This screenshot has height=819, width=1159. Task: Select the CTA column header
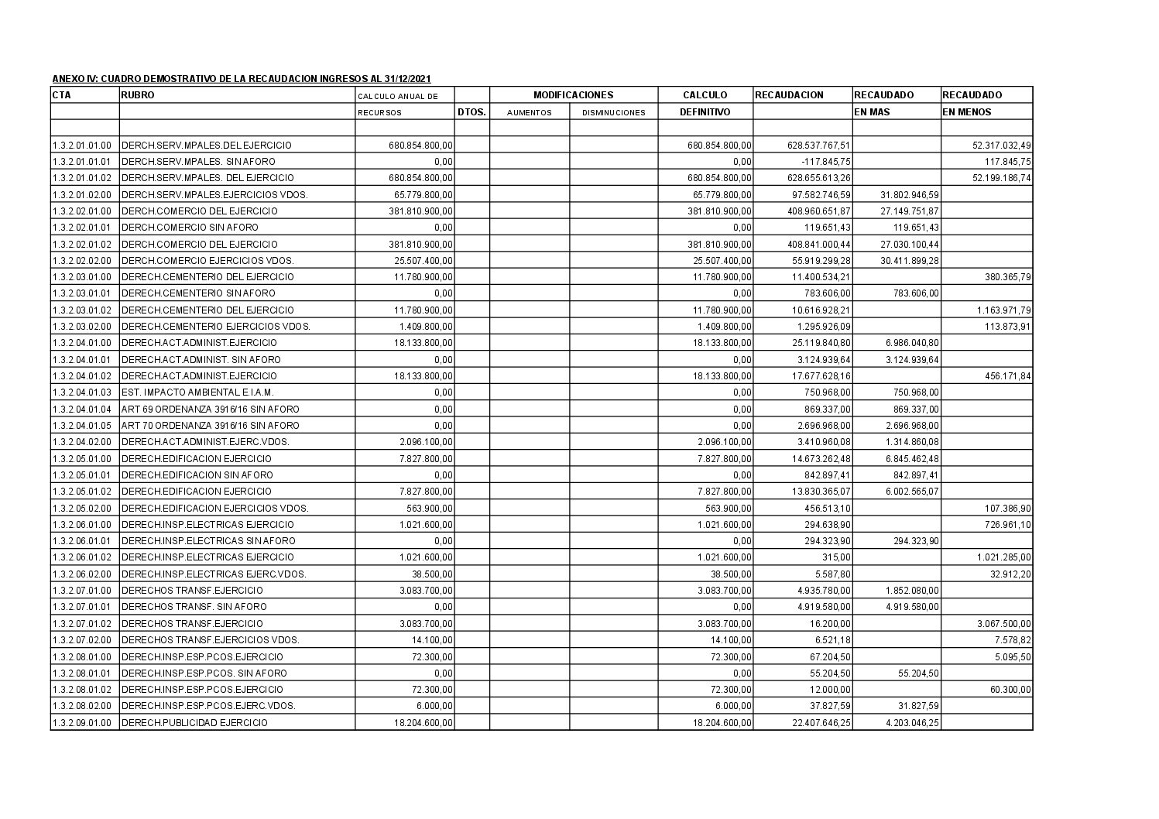pos(61,95)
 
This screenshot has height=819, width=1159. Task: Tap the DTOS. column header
pos(471,111)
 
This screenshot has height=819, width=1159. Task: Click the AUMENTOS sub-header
pos(529,112)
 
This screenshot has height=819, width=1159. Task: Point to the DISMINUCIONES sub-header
pos(613,112)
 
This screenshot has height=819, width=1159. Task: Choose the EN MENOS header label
pos(966,111)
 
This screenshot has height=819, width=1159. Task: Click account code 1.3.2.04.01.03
pos(83,392)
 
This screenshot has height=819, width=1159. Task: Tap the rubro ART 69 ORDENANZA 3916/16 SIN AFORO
pos(210,409)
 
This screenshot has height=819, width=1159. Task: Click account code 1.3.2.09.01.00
pos(83,722)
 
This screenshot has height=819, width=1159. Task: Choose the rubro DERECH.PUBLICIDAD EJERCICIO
pos(194,722)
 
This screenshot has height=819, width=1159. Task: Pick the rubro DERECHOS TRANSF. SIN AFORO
pos(194,607)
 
